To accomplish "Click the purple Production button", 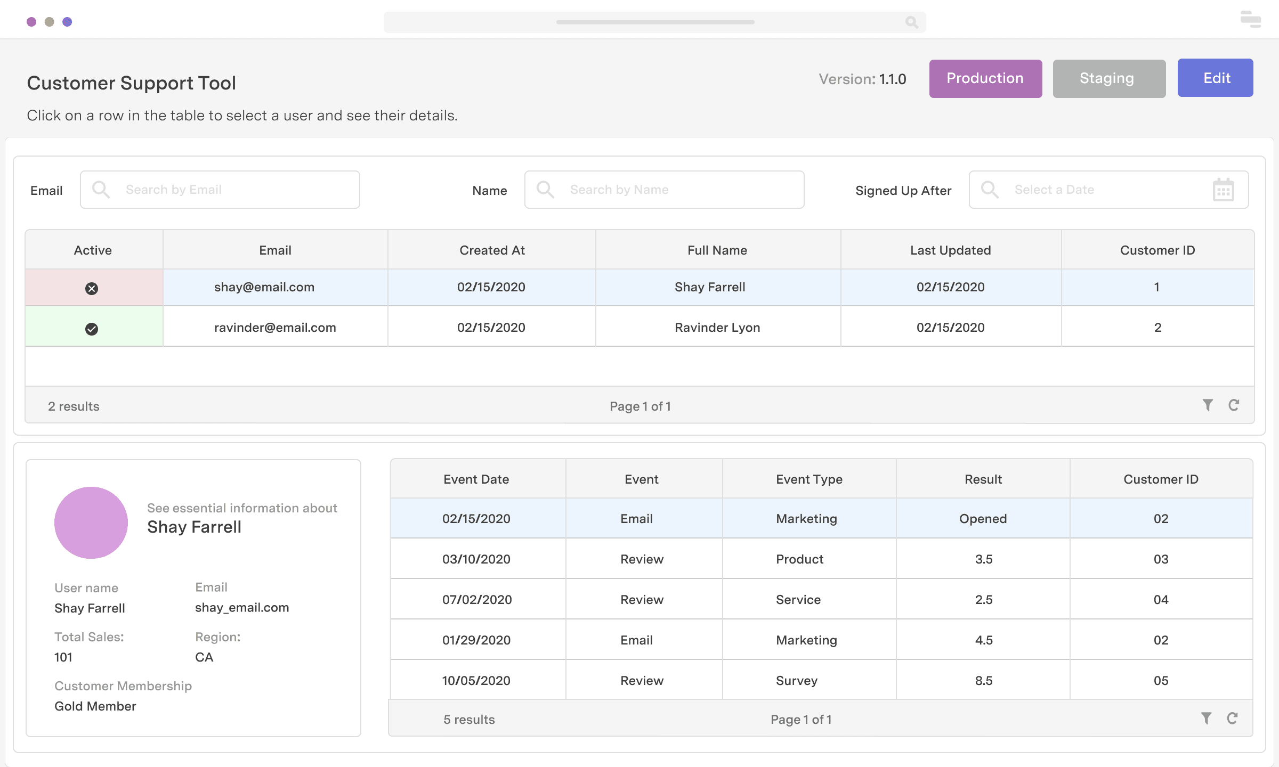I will [985, 79].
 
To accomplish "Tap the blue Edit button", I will [1215, 78].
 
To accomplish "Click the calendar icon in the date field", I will [1223, 190].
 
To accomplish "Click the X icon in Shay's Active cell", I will [92, 288].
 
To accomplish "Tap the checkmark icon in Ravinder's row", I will [92, 329].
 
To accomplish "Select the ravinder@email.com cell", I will [275, 328].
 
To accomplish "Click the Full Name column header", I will [717, 250].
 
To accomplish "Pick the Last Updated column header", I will [950, 250].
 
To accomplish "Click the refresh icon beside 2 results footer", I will [1234, 405].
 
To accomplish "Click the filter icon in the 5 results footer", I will [1206, 719].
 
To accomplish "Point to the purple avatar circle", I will [91, 523].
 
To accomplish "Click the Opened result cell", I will [983, 519].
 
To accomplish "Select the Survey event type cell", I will [796, 681].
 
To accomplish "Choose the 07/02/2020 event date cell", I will [477, 600].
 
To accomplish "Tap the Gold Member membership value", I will [95, 706].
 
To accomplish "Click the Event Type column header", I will [809, 479].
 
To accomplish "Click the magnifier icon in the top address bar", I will [911, 22].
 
